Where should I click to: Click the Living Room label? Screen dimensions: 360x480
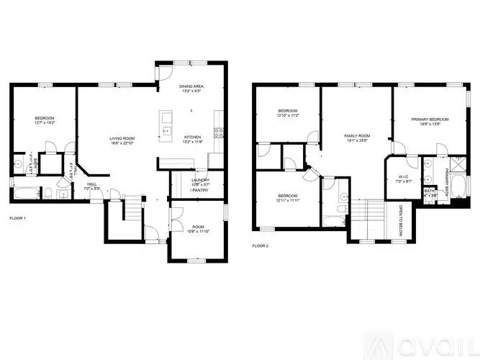pos(122,140)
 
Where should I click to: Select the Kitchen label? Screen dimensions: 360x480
pos(192,139)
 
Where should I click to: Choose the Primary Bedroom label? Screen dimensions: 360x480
pos(430,121)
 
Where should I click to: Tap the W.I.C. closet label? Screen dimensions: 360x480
pos(404,179)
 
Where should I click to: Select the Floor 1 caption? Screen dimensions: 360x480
pos(17,217)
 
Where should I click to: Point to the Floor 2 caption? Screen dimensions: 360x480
pos(260,246)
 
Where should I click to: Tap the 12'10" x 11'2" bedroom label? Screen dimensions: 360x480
pos(288,112)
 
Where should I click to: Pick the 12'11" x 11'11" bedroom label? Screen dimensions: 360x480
pos(288,198)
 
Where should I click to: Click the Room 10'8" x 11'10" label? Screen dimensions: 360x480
pos(196,229)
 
